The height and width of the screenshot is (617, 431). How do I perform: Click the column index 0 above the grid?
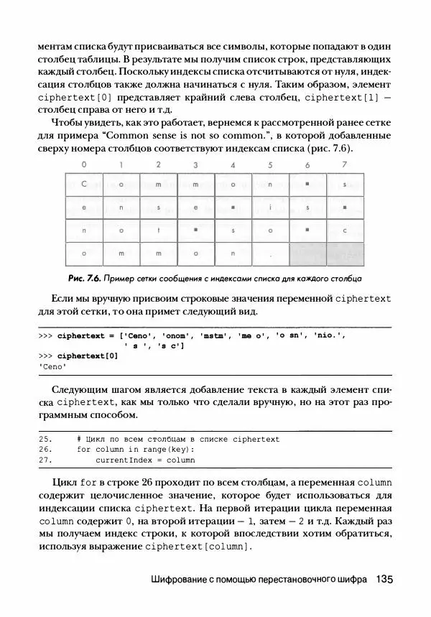click(x=84, y=165)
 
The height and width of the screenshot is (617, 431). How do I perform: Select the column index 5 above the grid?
click(x=270, y=165)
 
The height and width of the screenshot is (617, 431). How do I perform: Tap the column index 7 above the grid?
click(x=345, y=165)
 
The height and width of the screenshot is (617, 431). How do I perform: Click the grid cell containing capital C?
click(x=84, y=185)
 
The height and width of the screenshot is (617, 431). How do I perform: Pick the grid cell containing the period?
click(x=270, y=254)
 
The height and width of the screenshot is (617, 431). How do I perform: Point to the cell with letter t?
click(x=158, y=231)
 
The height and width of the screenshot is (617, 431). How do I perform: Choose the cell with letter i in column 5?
click(x=270, y=208)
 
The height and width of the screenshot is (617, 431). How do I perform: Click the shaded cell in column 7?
click(x=345, y=254)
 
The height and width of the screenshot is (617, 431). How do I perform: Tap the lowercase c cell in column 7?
click(x=345, y=231)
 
